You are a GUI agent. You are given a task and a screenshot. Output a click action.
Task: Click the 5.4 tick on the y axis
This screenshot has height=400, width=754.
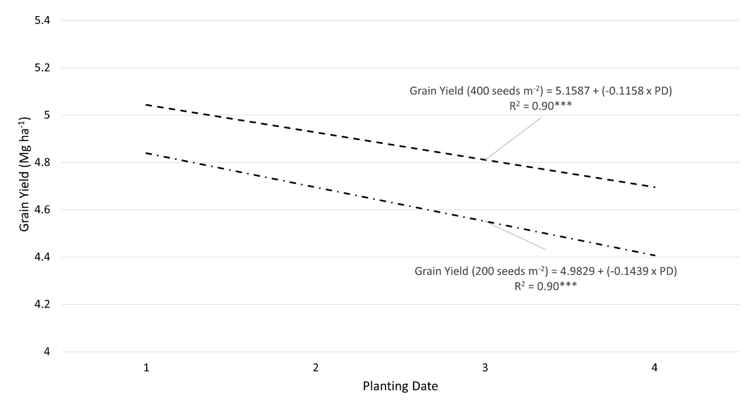click(42, 21)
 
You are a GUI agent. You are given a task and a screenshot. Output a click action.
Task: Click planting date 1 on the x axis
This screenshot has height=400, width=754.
click(146, 368)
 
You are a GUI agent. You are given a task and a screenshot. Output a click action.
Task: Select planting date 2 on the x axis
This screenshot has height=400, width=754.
click(316, 368)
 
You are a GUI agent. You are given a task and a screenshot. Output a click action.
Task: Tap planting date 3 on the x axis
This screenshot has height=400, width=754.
click(485, 368)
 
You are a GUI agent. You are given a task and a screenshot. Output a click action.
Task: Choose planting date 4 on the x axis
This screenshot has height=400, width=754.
click(654, 368)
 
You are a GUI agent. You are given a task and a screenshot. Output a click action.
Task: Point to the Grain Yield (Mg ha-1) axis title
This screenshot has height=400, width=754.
click(25, 174)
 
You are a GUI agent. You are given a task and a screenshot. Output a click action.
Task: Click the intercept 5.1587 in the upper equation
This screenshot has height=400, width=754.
click(572, 91)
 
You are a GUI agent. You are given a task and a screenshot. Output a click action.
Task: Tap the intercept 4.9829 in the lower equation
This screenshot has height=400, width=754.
click(577, 271)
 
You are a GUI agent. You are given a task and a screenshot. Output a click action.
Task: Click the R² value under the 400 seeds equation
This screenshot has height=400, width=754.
click(540, 106)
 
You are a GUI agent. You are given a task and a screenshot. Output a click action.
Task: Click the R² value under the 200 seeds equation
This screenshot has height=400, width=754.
click(546, 286)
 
